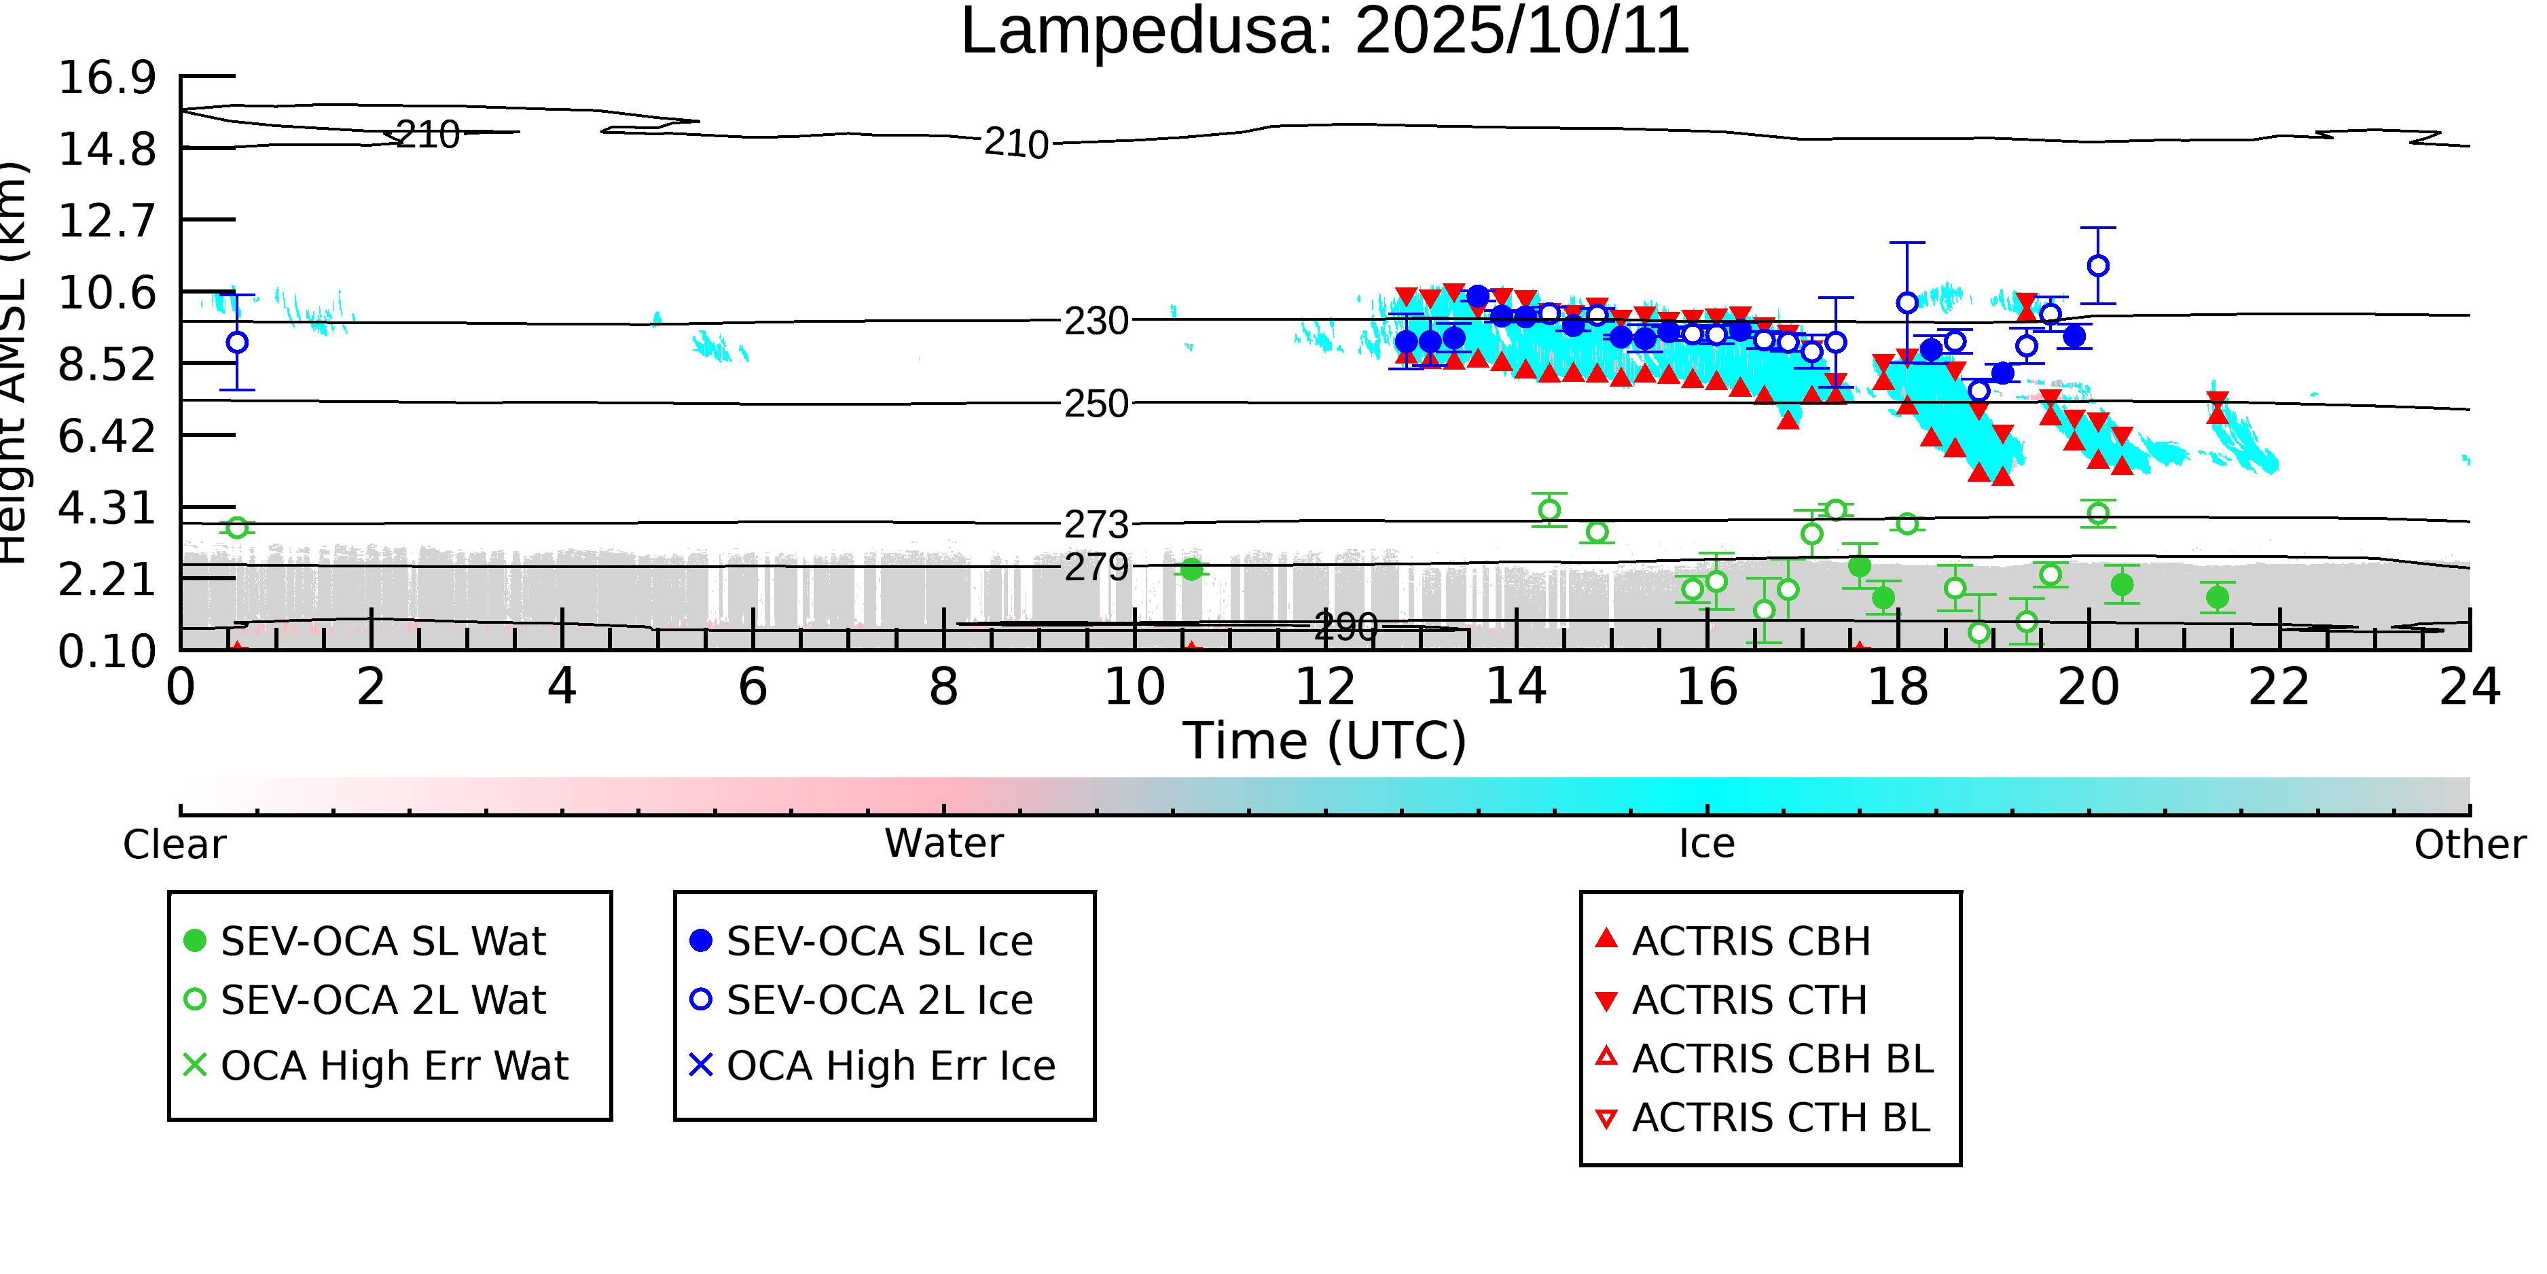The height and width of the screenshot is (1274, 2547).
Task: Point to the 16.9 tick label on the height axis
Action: tap(107, 77)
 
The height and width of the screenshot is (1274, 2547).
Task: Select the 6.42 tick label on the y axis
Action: tap(107, 436)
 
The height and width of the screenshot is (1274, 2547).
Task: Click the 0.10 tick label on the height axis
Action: tap(107, 651)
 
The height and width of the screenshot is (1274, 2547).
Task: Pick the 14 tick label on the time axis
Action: tap(1516, 686)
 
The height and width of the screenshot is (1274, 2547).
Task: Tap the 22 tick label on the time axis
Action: tap(2279, 686)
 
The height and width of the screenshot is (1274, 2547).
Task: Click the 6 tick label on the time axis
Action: tap(753, 686)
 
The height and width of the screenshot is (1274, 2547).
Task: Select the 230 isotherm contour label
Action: tap(1096, 321)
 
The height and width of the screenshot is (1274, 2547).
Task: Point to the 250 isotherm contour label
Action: tap(1096, 404)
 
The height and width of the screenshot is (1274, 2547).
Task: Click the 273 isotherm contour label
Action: tap(1096, 525)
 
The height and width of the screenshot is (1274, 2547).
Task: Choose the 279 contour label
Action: tap(1096, 567)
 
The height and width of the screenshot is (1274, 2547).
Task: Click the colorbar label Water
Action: tap(943, 844)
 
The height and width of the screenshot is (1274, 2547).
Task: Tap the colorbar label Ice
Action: tap(1707, 844)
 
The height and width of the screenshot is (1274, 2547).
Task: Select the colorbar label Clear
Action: tap(174, 845)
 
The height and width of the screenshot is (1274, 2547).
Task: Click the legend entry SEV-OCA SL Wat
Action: tap(382, 940)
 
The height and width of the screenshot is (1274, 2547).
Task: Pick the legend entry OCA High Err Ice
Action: tap(890, 1065)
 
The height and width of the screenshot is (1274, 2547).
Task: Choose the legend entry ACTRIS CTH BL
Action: tap(1780, 1118)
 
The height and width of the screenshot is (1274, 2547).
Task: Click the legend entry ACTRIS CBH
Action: tap(1750, 940)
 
